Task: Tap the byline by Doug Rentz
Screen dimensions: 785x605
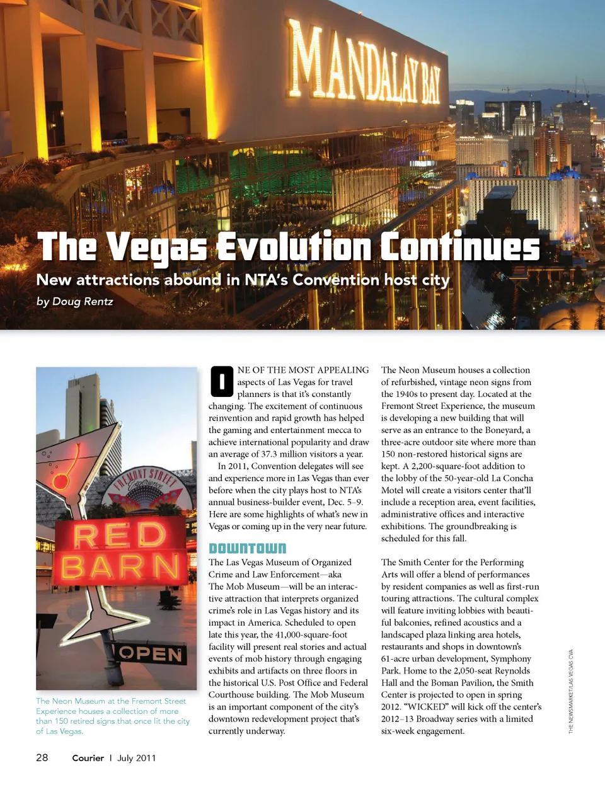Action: click(x=74, y=301)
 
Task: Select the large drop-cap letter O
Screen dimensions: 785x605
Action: click(x=222, y=381)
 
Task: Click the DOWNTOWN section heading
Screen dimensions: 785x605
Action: click(x=247, y=549)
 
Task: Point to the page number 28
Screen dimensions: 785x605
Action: click(x=42, y=757)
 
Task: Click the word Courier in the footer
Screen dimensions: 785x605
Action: click(x=88, y=758)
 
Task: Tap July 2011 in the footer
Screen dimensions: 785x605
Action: click(x=136, y=758)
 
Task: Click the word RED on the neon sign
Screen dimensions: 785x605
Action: click(x=119, y=536)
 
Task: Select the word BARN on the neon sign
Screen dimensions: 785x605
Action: click(x=120, y=567)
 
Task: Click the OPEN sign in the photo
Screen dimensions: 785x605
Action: click(x=151, y=655)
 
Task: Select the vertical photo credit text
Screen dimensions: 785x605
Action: click(x=571, y=691)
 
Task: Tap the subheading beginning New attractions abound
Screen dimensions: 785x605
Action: click(x=243, y=280)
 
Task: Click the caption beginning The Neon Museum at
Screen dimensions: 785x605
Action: click(x=112, y=716)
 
